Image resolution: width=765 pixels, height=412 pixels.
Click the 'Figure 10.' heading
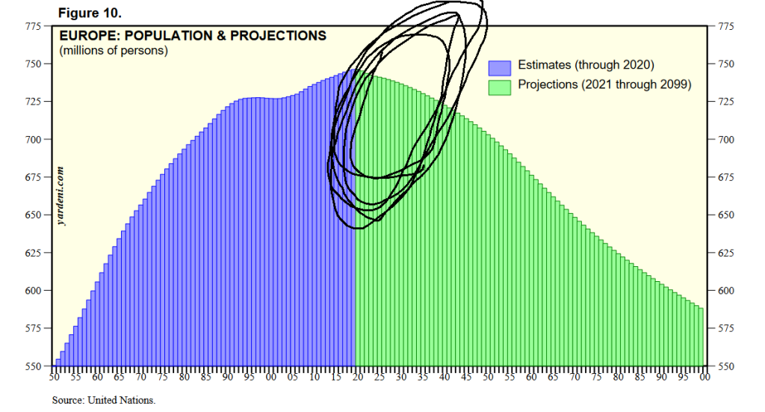click(x=90, y=13)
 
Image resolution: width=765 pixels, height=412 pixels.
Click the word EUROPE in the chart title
click(x=90, y=36)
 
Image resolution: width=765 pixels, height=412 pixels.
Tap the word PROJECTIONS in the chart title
click(x=278, y=36)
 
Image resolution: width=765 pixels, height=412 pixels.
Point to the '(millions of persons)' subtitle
click(x=114, y=50)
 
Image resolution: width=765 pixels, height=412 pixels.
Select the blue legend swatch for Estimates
click(x=500, y=68)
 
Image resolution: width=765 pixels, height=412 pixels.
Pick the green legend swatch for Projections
click(x=500, y=87)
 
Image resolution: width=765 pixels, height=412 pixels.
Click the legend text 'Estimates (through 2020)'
click(x=586, y=65)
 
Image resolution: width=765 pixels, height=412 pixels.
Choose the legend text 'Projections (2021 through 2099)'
click(x=604, y=84)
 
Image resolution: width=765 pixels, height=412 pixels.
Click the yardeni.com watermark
click(x=61, y=196)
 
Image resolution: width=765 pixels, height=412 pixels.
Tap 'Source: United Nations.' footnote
click(x=104, y=400)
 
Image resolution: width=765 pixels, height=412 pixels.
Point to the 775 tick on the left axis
click(x=34, y=26)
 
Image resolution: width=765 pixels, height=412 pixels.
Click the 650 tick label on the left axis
click(x=34, y=215)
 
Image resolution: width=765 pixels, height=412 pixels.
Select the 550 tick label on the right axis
click(x=726, y=366)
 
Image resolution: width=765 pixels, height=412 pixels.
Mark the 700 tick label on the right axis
click(x=726, y=140)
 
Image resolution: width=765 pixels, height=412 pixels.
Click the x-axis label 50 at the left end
click(x=54, y=378)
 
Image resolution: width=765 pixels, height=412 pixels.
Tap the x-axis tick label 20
click(x=358, y=378)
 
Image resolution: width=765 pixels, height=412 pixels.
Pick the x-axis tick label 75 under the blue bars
click(x=162, y=378)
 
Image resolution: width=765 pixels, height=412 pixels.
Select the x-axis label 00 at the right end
click(x=704, y=378)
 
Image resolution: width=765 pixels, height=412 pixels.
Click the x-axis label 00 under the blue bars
click(x=270, y=378)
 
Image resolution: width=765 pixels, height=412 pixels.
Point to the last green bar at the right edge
click(x=701, y=336)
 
